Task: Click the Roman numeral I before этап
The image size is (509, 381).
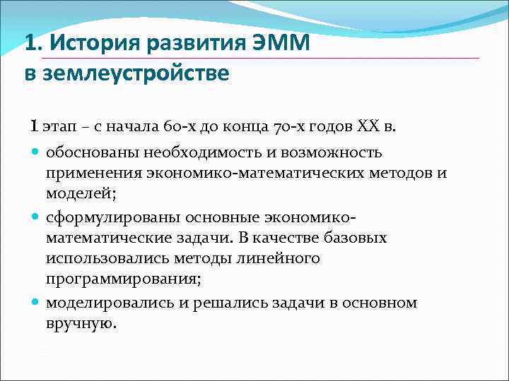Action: [x=33, y=127]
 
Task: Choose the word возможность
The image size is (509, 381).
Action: [x=331, y=152]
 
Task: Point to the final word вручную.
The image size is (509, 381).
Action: [x=80, y=324]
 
